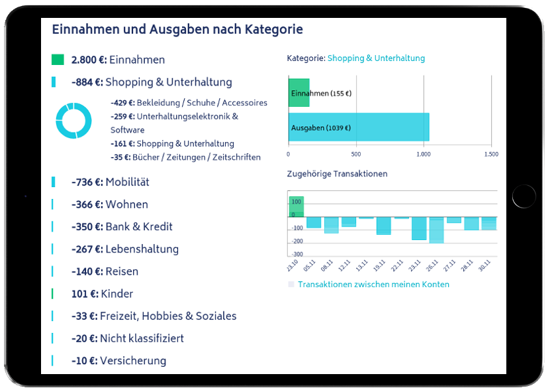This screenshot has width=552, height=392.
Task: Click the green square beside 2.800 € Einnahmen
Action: [x=58, y=60]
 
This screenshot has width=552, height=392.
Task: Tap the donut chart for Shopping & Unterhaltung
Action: [x=73, y=121]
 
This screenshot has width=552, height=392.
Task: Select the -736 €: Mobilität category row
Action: [x=110, y=182]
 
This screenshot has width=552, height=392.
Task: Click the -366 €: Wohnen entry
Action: [x=109, y=204]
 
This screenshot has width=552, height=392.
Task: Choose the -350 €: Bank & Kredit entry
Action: [x=122, y=227]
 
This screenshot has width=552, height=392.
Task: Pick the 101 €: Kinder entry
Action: [x=102, y=294]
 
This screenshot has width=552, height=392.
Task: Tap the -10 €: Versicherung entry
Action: [x=118, y=361]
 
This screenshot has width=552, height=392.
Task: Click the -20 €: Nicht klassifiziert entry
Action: [x=127, y=338]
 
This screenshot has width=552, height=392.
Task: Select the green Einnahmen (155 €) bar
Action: [x=299, y=93]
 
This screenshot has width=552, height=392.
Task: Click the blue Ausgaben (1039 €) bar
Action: [x=359, y=127]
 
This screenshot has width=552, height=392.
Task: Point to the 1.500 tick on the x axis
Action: [x=490, y=154]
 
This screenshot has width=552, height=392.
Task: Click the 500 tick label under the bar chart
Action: [x=356, y=154]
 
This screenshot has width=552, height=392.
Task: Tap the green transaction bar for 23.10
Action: [x=296, y=206]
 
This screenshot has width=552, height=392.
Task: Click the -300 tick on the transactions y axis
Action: [x=297, y=254]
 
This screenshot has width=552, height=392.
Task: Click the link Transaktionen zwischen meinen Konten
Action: [x=373, y=285]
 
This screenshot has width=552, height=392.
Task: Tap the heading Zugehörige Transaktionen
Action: [x=337, y=174]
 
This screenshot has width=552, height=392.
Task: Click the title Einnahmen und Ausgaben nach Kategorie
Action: [x=177, y=30]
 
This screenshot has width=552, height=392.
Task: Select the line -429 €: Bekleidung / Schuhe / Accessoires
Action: [x=189, y=103]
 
